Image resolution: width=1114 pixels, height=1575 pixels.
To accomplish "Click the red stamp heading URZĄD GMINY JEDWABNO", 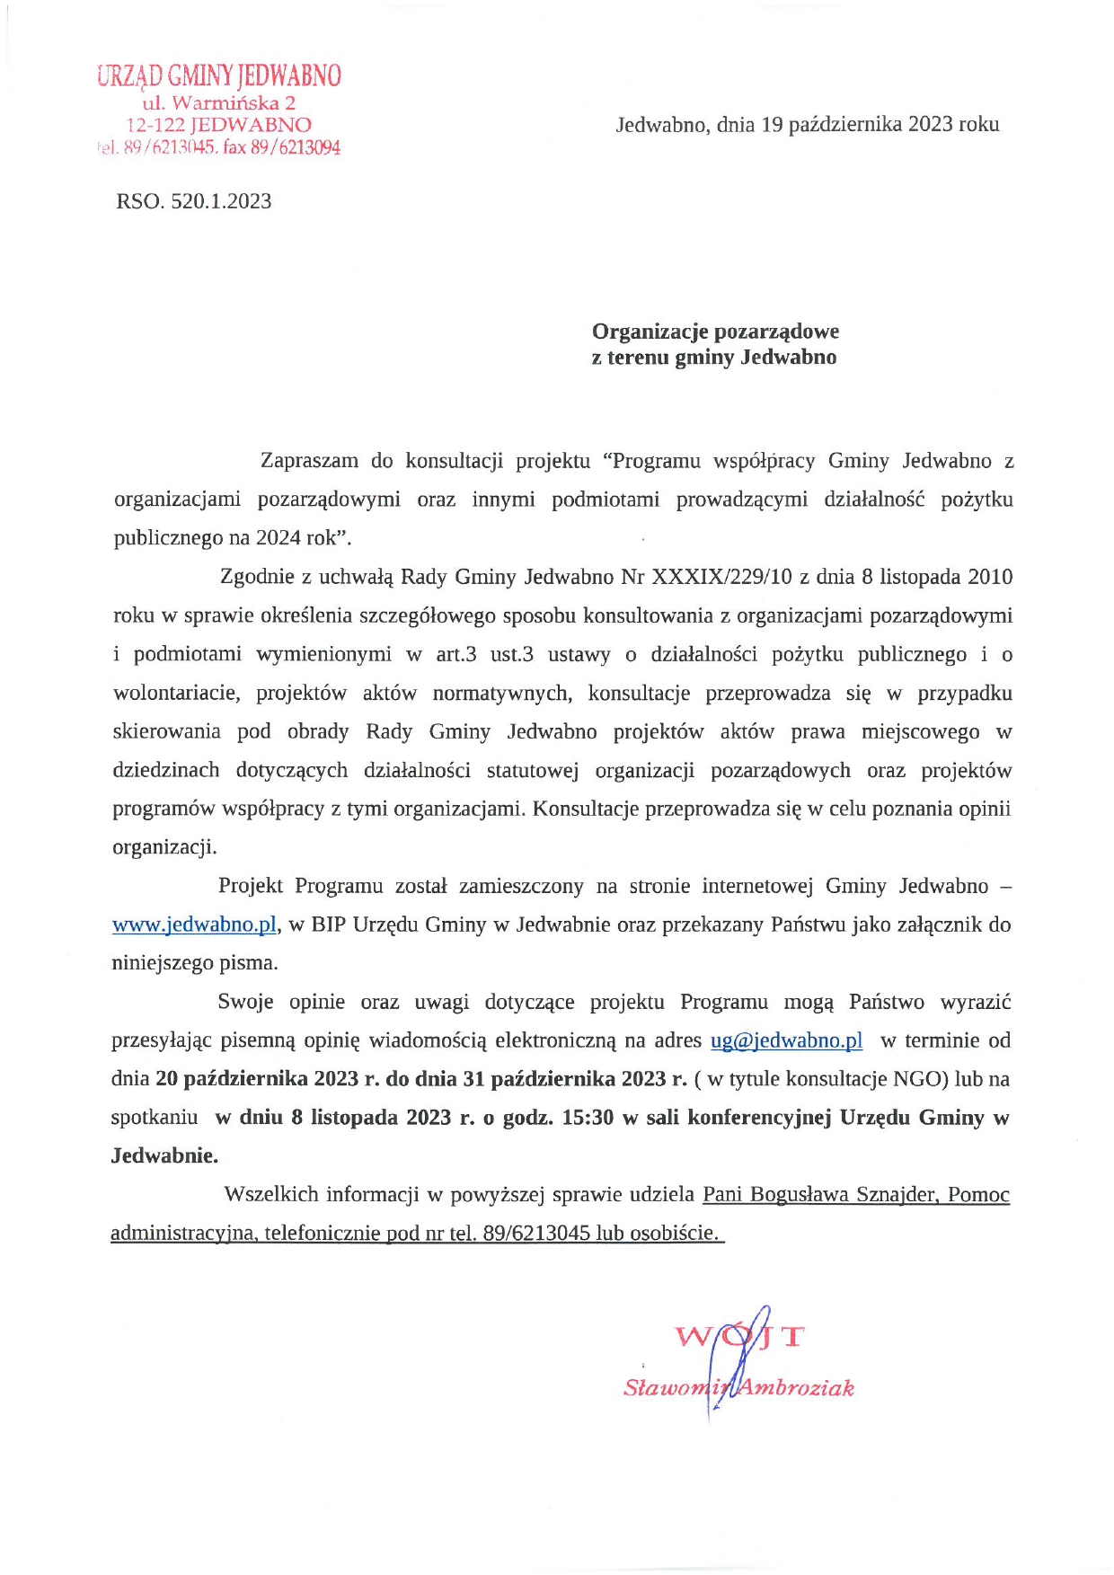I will click(219, 76).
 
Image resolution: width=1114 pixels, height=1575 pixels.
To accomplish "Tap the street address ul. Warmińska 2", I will click(218, 102).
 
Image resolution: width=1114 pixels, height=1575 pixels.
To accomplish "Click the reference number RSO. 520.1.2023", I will click(193, 201).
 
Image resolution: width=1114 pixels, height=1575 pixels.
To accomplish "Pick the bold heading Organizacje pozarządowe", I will click(715, 332).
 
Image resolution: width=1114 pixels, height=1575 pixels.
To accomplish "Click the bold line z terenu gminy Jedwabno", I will click(713, 358).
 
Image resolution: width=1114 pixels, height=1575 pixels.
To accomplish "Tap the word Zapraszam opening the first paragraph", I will click(309, 461).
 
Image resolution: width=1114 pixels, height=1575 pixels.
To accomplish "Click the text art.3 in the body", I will click(455, 654).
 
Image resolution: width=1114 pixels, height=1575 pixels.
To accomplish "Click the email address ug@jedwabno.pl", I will click(786, 1040).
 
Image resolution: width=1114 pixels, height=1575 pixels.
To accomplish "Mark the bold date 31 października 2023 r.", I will click(575, 1079).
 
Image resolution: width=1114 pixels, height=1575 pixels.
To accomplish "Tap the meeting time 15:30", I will click(588, 1118).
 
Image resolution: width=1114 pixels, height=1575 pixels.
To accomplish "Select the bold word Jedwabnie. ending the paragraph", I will click(164, 1156).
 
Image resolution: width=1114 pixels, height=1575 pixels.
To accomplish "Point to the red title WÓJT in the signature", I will click(738, 1336).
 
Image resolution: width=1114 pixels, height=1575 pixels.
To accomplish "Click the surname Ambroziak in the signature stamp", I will click(795, 1388).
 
